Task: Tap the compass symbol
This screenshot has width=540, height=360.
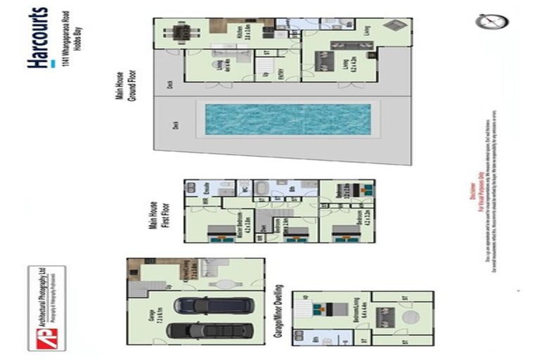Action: [x=491, y=21]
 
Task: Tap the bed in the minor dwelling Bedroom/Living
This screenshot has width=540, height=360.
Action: [x=326, y=309]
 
